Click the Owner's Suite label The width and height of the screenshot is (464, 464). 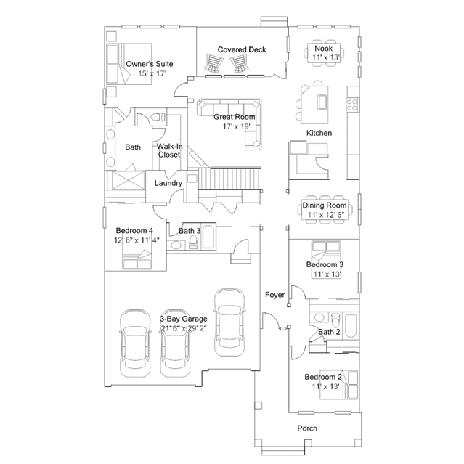click(x=150, y=64)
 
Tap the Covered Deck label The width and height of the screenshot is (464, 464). click(x=242, y=49)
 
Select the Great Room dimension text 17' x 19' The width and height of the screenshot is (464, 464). click(x=237, y=126)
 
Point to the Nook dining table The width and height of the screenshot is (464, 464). click(x=324, y=53)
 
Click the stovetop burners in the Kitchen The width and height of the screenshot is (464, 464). click(x=352, y=105)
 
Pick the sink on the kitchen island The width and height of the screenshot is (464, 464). click(x=322, y=102)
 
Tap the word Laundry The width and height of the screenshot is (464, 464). click(x=168, y=183)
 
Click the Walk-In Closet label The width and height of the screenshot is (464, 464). click(x=170, y=150)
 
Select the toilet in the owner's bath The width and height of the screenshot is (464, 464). click(x=158, y=117)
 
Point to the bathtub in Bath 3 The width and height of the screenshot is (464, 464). click(x=208, y=237)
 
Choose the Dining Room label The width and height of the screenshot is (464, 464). click(x=325, y=205)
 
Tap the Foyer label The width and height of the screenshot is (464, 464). click(x=275, y=295)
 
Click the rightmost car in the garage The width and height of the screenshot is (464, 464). click(x=229, y=322)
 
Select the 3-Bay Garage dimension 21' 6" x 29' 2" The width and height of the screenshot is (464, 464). click(x=184, y=328)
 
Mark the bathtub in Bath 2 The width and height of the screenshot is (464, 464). click(x=351, y=326)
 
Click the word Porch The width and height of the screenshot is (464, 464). click(x=307, y=428)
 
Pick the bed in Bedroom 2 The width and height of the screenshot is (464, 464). click(x=339, y=384)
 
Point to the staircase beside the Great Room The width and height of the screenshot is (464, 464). click(x=229, y=178)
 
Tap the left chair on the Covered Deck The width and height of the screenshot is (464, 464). click(x=213, y=62)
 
